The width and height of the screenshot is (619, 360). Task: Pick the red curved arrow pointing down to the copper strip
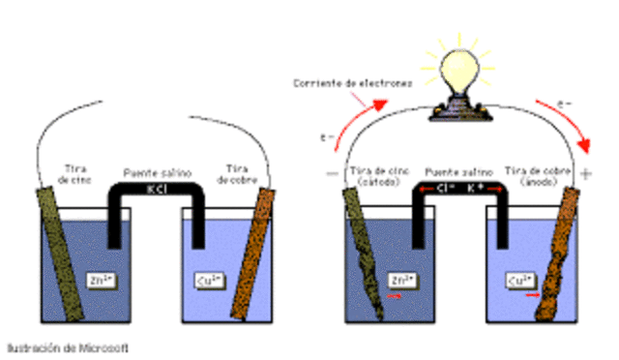[x=579, y=127]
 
